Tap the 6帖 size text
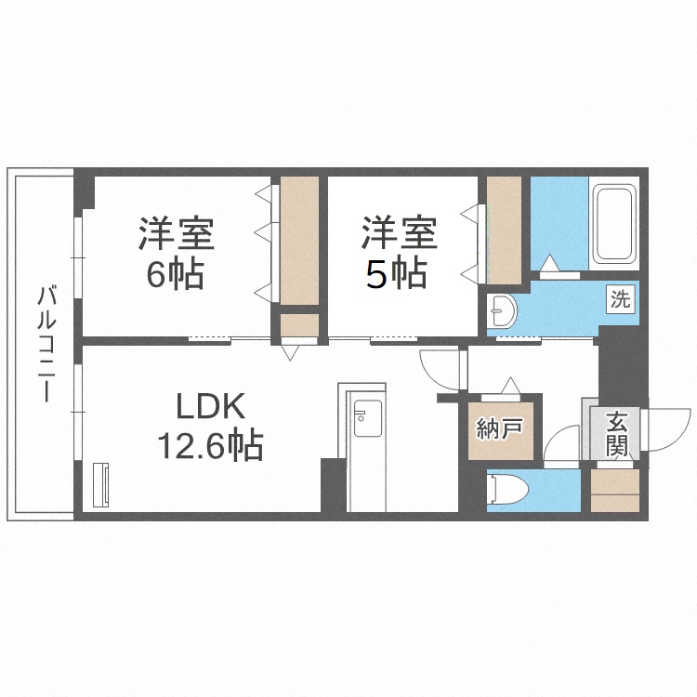[177, 276]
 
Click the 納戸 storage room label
[502, 429]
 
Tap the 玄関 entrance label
[616, 434]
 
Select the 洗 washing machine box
[620, 299]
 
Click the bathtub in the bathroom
[612, 223]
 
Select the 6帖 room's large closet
[299, 239]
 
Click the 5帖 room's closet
[504, 230]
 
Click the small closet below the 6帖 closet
[299, 326]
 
